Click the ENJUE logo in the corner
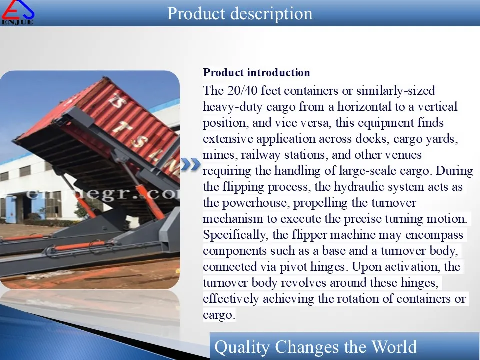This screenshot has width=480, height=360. (18, 12)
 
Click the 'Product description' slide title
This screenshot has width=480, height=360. (240, 13)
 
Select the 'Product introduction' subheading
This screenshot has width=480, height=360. (256, 73)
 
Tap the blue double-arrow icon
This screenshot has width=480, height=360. (190, 164)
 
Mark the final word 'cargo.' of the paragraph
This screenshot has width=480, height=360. (219, 315)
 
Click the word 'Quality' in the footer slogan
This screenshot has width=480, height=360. (242, 347)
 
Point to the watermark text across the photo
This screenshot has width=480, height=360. (100, 194)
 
